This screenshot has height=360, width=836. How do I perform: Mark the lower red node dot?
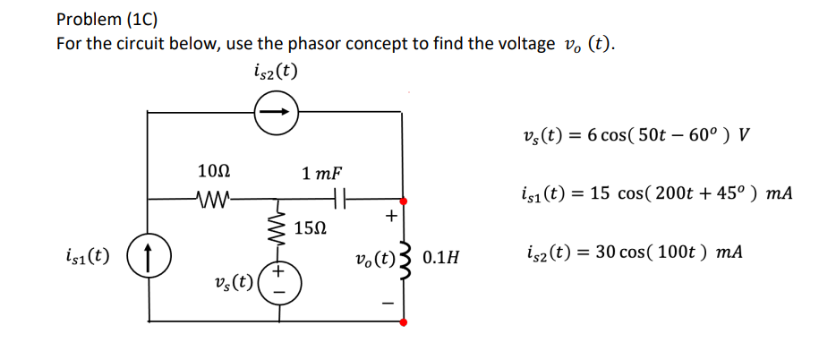pyautogui.click(x=403, y=321)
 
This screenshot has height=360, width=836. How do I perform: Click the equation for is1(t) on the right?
pyautogui.click(x=654, y=193)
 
